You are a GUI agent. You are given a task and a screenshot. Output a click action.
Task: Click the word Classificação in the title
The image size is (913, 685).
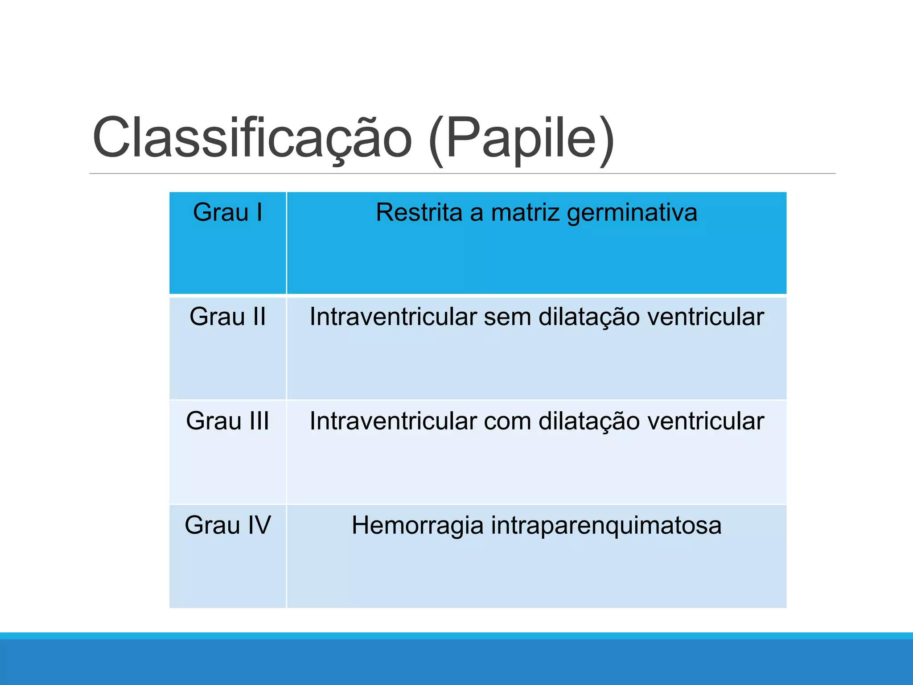(x=252, y=138)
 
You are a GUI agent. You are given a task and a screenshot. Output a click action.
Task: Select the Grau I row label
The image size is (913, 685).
(x=227, y=212)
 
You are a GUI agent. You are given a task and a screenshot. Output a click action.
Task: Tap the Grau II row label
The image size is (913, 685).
(x=227, y=317)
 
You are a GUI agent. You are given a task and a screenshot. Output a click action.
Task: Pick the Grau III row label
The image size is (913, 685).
(x=227, y=421)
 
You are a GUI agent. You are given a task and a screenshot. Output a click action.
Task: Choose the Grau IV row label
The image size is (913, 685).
(x=227, y=525)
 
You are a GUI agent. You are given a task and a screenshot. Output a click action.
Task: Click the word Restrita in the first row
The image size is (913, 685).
(x=419, y=212)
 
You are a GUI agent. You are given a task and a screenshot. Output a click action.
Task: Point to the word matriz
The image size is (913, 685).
(x=525, y=212)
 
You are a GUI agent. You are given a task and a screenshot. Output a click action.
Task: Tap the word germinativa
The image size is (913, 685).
(x=632, y=213)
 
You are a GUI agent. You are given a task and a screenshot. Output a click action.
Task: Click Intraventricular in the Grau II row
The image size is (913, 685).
(x=393, y=317)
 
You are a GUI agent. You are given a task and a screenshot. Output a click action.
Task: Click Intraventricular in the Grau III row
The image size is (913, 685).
(x=393, y=421)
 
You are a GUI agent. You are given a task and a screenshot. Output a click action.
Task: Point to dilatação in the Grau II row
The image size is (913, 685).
(x=588, y=318)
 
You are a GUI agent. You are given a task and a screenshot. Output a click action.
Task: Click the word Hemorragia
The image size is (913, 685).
(x=417, y=526)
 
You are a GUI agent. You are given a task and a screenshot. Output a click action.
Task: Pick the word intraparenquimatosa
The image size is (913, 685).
(x=606, y=526)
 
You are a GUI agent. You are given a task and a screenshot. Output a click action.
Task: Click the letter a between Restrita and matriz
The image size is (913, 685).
(x=476, y=213)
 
